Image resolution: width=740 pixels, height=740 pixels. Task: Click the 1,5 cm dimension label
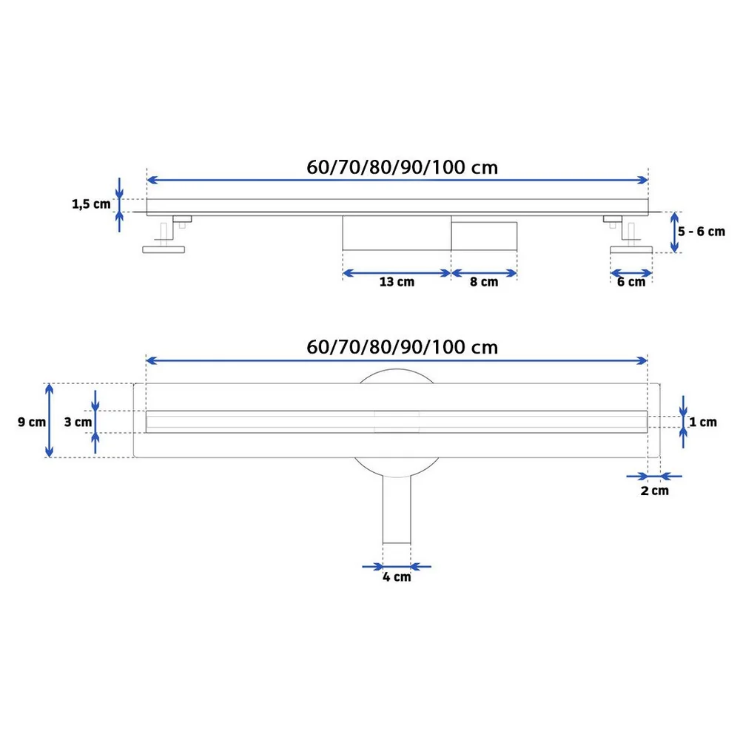click(x=91, y=204)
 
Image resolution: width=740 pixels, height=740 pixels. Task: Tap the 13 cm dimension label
click(x=397, y=282)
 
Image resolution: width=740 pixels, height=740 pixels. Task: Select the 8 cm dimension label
click(x=484, y=282)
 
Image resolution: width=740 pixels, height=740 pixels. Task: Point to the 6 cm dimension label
click(x=631, y=282)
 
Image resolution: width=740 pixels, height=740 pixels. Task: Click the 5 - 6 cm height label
click(x=702, y=232)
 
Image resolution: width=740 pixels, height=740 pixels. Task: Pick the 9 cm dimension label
click(x=32, y=422)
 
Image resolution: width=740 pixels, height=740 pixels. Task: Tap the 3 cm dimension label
click(x=78, y=422)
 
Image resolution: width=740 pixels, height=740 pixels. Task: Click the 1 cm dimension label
click(x=703, y=422)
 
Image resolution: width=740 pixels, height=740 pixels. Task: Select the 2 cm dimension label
click(x=655, y=491)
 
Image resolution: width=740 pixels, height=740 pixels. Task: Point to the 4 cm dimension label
click(x=397, y=577)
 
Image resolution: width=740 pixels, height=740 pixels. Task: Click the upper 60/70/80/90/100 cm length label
click(x=402, y=167)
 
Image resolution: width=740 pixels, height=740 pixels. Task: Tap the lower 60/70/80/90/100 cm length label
click(x=402, y=347)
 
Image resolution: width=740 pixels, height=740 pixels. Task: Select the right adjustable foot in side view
click(x=629, y=235)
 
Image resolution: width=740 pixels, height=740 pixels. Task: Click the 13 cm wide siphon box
click(x=397, y=233)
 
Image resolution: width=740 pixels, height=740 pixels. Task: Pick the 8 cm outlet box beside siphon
click(x=484, y=236)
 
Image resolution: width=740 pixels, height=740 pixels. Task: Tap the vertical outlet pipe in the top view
click(x=397, y=510)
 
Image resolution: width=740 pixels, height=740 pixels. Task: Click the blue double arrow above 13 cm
click(x=397, y=273)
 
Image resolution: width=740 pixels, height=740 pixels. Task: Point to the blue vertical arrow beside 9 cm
click(x=49, y=420)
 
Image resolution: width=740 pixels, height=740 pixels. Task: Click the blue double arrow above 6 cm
click(x=631, y=273)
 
